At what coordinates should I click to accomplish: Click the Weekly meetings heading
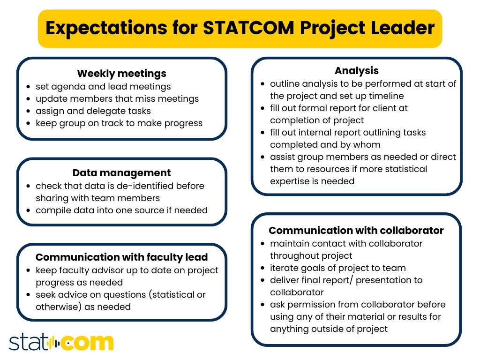121,74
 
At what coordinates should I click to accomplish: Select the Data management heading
121,173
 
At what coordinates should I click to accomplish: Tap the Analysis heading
356,71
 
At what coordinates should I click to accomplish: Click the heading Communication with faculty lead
121,257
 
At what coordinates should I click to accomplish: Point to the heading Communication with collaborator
356,231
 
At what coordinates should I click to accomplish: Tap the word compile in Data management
52,210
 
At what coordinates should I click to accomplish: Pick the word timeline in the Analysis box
385,96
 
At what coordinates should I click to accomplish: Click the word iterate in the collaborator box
285,268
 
